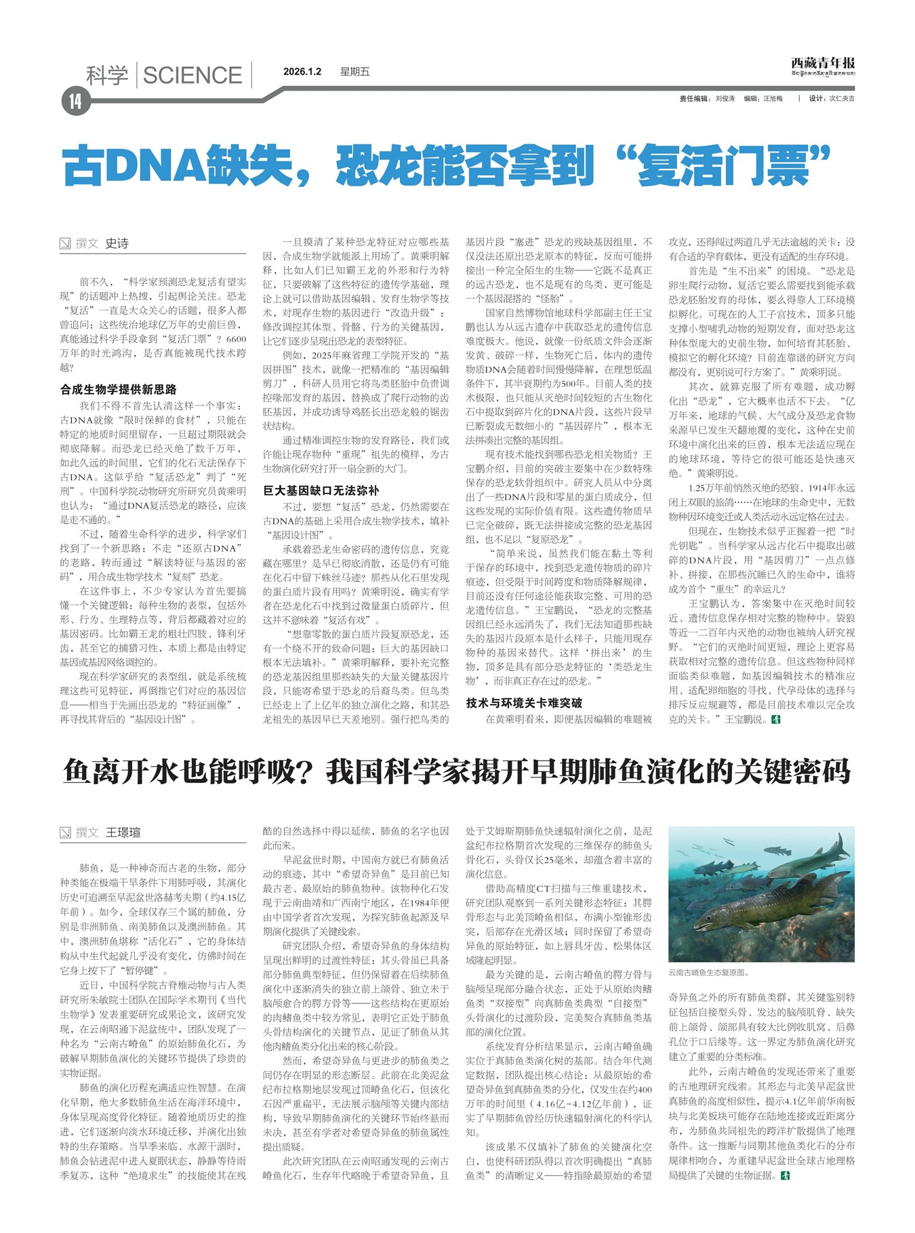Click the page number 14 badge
click(x=75, y=102)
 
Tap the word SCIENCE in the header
click(x=192, y=75)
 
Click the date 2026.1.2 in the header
click(x=302, y=72)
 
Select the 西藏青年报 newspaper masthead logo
click(x=822, y=66)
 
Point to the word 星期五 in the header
click(x=354, y=72)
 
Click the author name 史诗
click(x=117, y=243)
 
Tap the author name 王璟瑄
click(x=123, y=832)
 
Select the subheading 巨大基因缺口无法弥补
click(x=321, y=490)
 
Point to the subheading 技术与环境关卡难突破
click(x=524, y=703)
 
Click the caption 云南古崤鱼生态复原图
click(x=708, y=972)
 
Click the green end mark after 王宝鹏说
click(x=776, y=719)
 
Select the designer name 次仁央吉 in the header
click(x=842, y=99)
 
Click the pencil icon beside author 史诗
click(x=65, y=243)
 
